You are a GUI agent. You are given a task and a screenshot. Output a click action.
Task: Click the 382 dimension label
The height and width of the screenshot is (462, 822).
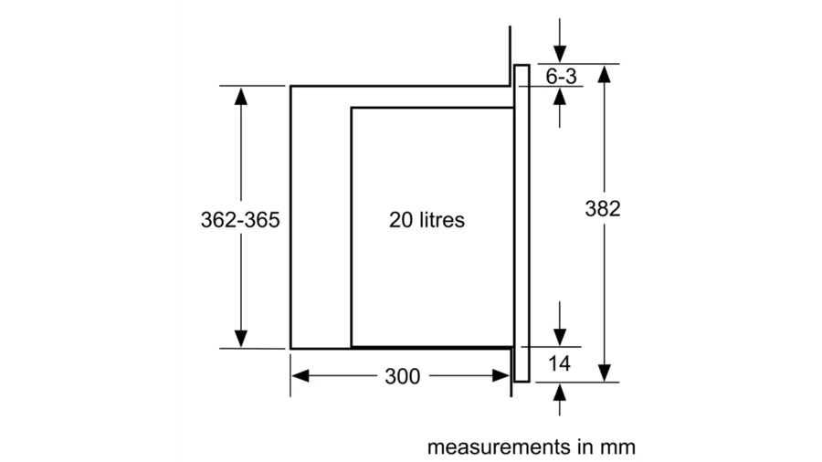click(602, 209)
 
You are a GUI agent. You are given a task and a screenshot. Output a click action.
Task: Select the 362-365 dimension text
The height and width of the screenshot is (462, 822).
click(238, 220)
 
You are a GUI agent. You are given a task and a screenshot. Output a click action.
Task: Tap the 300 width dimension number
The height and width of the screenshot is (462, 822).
click(402, 376)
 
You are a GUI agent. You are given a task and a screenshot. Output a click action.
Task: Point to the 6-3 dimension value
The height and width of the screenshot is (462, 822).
click(561, 77)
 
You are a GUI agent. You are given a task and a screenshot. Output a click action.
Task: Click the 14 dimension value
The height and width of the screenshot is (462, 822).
click(559, 364)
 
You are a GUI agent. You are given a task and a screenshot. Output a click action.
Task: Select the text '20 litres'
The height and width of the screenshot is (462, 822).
click(427, 220)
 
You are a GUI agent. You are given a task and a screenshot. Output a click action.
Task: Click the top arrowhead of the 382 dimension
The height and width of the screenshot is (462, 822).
click(603, 73)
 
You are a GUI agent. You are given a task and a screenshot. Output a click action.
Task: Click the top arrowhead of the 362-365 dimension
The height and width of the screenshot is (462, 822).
click(241, 95)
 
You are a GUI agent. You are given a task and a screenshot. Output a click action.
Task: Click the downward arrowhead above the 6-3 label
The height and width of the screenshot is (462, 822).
click(559, 54)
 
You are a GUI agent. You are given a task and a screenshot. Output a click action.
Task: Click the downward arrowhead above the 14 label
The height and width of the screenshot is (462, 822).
click(559, 337)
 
